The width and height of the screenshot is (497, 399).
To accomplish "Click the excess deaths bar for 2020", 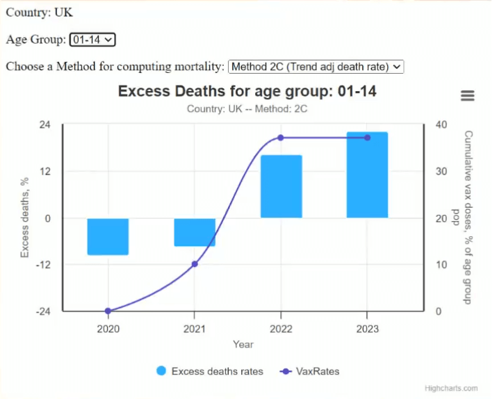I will point(108,236).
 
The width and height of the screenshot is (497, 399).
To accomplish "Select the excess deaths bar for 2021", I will point(195,232).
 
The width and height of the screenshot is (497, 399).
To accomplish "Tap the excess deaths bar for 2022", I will point(281,186).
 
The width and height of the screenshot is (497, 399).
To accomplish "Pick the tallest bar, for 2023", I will point(367,175).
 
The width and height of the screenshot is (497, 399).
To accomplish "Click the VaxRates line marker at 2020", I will point(108,311).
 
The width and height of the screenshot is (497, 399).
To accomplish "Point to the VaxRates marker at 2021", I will point(195,264).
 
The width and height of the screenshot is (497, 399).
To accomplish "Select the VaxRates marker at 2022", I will point(281,138).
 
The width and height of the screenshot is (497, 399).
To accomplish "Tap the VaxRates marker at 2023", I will point(368,138).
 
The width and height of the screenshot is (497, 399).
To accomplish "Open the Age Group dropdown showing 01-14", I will point(92,40).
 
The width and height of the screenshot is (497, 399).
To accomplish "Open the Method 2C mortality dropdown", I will point(316,67).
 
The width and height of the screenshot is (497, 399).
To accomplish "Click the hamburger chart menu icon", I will point(468,96).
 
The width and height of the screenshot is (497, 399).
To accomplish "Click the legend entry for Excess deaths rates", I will point(210,371).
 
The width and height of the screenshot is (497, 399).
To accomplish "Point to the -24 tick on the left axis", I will point(42,311).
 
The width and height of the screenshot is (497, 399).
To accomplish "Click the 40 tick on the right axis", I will point(440,124).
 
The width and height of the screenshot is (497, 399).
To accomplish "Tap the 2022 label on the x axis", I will point(281,328).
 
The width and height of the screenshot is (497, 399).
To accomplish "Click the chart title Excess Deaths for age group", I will point(247,91).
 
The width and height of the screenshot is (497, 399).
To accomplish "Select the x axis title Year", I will point(243,344).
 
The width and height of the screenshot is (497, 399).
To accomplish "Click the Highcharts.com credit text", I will point(451,389).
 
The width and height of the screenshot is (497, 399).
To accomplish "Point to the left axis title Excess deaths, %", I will point(25,218).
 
